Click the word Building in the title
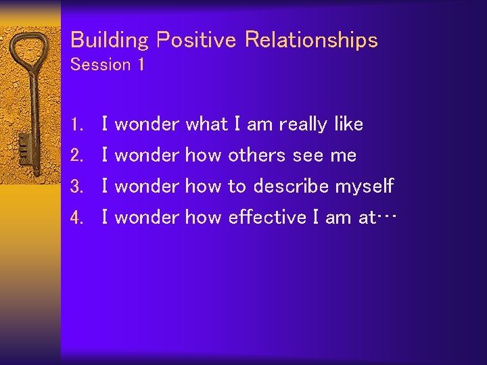pos(110,40)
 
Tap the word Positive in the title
pos(196,39)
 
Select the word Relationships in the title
pos(311,40)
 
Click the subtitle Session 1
pos(108,64)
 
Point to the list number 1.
pos(76,124)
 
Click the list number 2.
pos(76,155)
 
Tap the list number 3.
pos(76,186)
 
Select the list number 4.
pos(76,217)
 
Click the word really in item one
pos(303,125)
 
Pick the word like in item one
pos(349,123)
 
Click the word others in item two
pos(256,154)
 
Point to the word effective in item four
pos(267,216)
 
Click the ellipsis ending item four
pos(386,217)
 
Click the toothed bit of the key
pos(24,149)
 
